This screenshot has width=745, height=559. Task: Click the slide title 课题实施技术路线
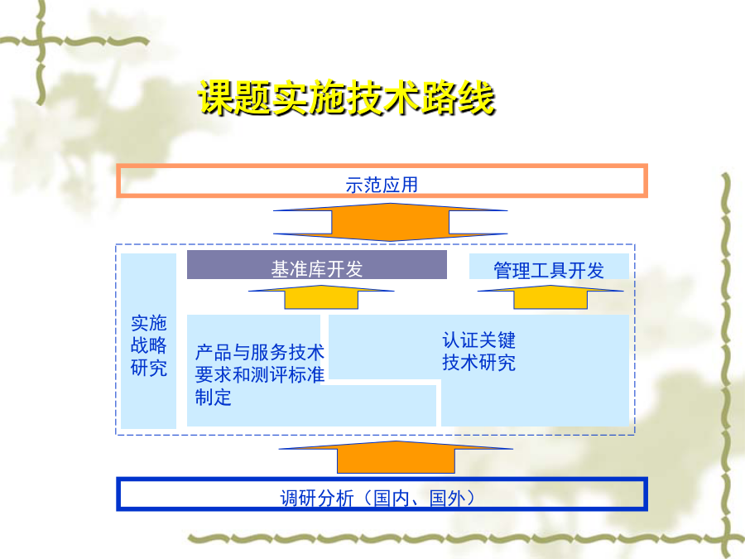tap(347, 98)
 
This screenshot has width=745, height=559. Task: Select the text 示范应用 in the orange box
tap(382, 185)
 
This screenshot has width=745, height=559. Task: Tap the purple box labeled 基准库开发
tap(317, 265)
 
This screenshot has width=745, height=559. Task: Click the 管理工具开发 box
tap(549, 267)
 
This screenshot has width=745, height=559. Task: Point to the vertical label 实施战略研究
tap(149, 345)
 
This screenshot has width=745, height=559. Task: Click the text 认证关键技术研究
tap(479, 351)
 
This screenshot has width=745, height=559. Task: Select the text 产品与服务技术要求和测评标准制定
tap(259, 374)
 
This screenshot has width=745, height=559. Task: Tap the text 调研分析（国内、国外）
tap(377, 499)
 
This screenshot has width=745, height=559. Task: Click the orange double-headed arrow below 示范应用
tap(390, 222)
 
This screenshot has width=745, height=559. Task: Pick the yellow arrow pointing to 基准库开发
tap(321, 297)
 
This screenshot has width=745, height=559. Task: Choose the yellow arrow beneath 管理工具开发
tap(550, 297)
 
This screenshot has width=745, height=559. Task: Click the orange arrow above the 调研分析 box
tap(396, 457)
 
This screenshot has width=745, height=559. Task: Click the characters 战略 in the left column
tap(149, 345)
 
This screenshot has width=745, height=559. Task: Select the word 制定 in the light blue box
tap(214, 398)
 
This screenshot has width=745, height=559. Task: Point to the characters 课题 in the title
tap(235, 98)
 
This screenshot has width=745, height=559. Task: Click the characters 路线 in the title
tap(459, 98)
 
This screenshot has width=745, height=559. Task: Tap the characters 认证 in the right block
tap(460, 340)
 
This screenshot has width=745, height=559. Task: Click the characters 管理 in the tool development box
tap(512, 271)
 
